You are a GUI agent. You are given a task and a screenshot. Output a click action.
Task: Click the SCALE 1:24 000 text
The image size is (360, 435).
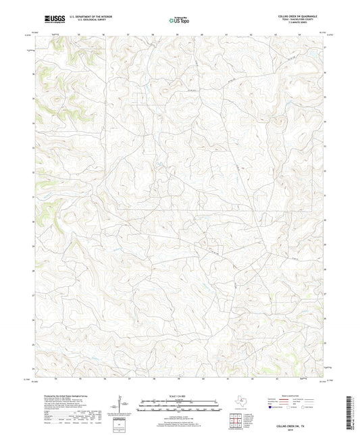pos(179,395)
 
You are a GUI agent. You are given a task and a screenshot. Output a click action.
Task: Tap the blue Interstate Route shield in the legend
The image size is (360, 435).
pos(272,408)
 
